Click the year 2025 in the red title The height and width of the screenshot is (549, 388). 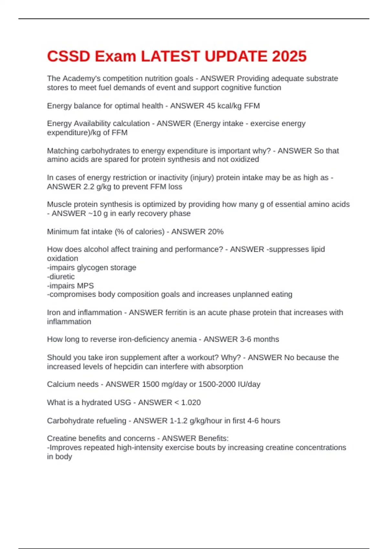289,56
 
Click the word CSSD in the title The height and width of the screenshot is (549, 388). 69,56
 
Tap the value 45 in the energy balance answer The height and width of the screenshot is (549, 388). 210,106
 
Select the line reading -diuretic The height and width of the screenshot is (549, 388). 61,276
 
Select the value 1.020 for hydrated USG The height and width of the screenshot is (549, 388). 191,402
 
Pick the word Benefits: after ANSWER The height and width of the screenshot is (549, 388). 213,438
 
